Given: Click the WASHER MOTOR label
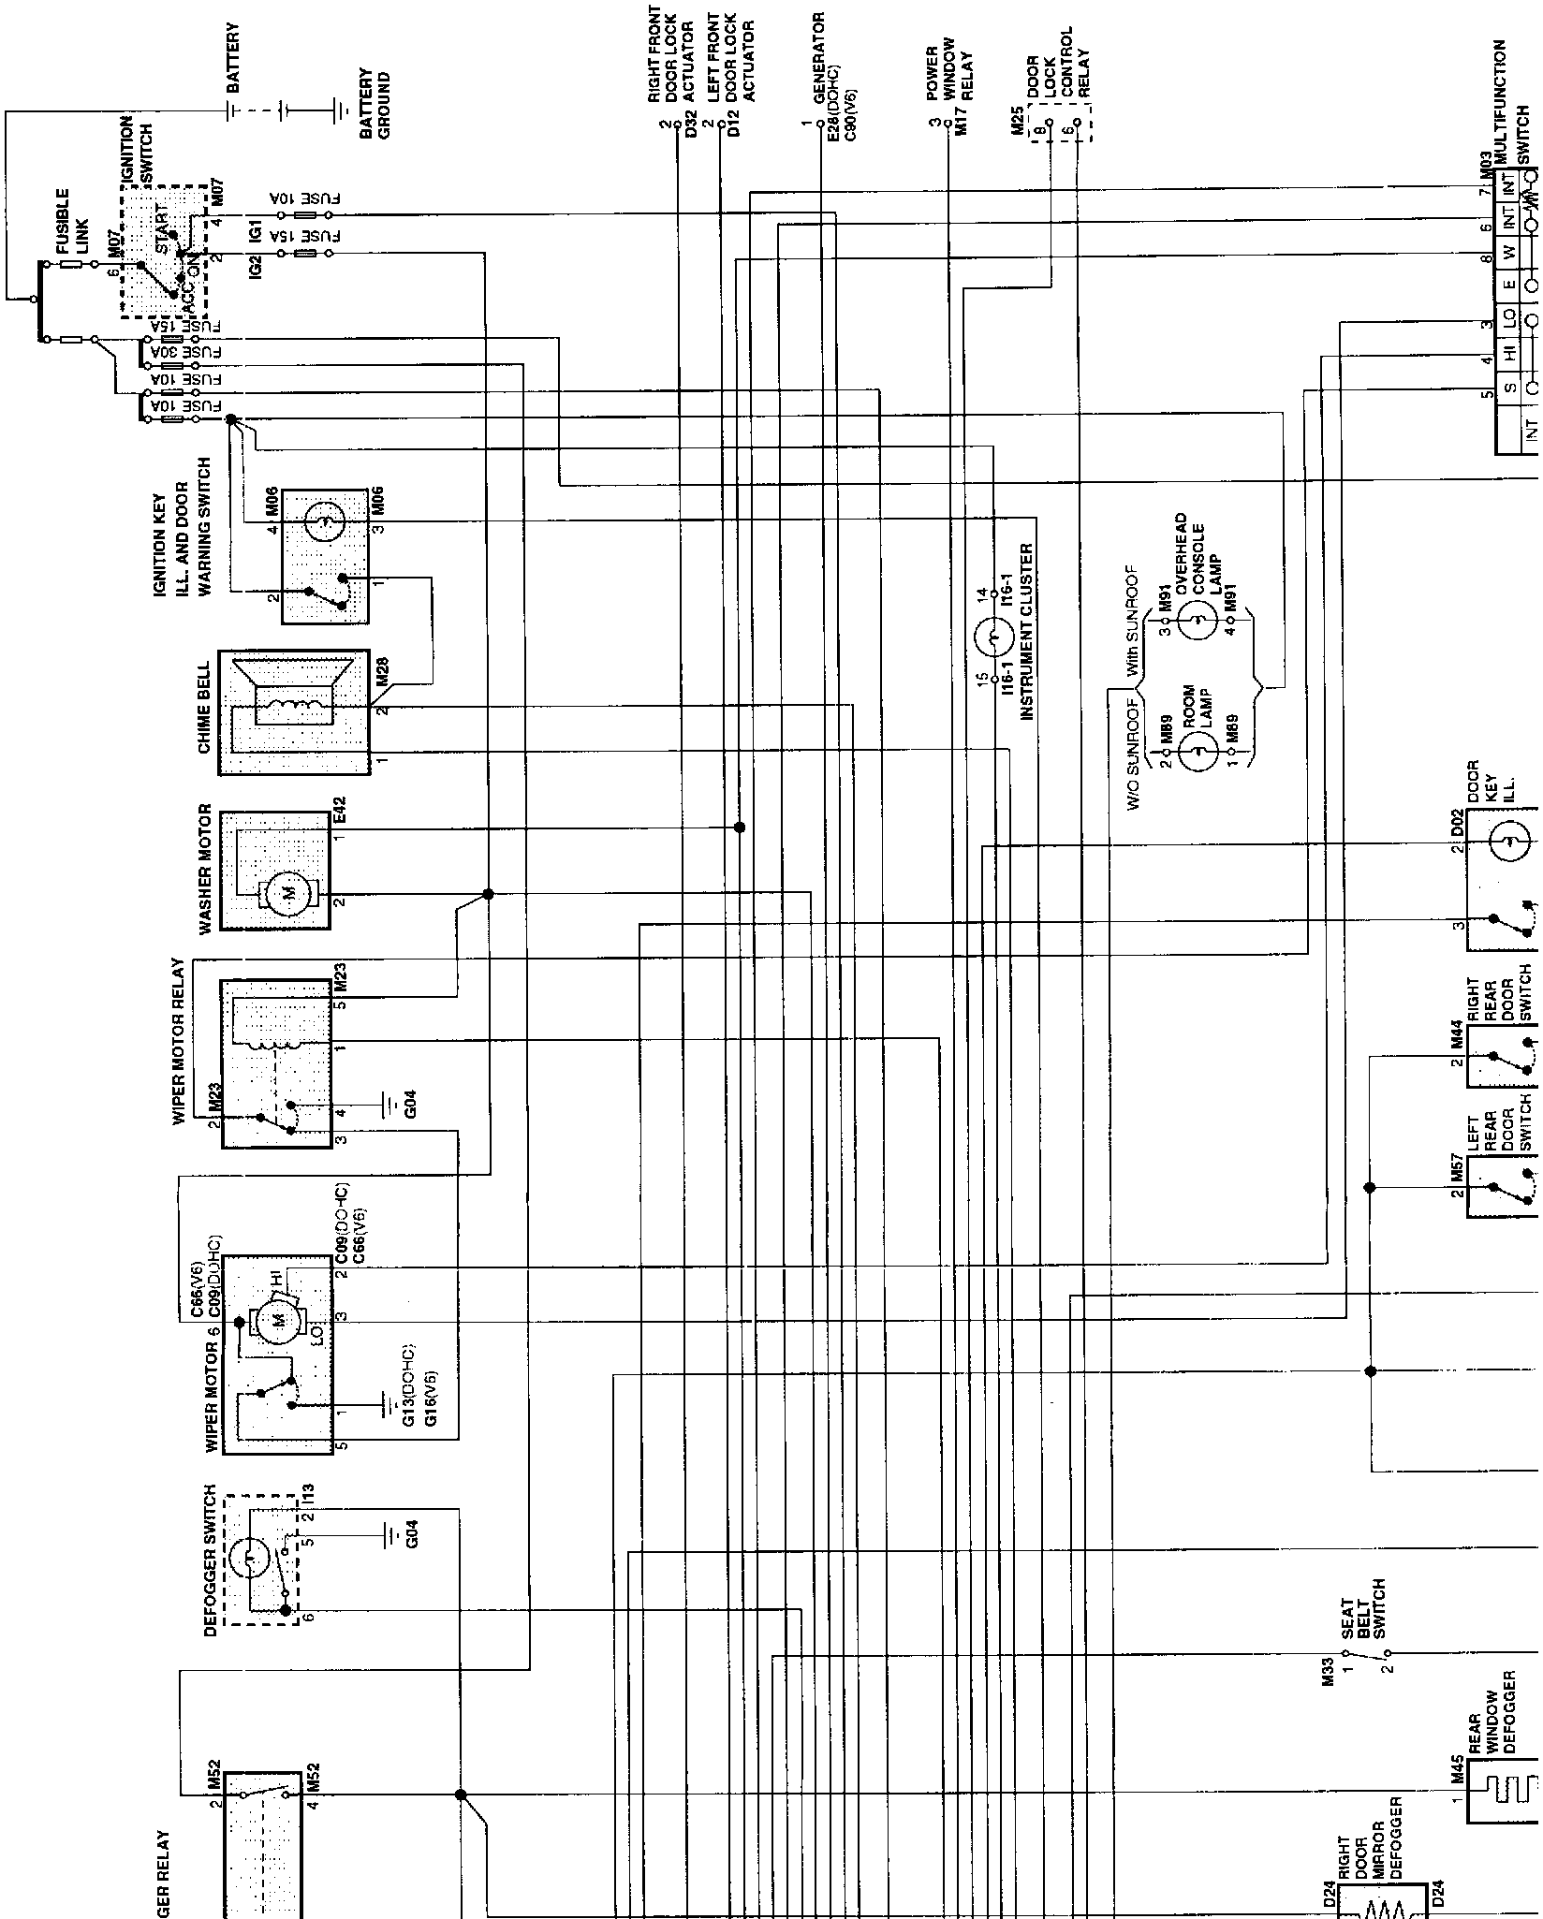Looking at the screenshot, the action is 206,870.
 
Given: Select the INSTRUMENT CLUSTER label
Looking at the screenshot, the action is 1026,632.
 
